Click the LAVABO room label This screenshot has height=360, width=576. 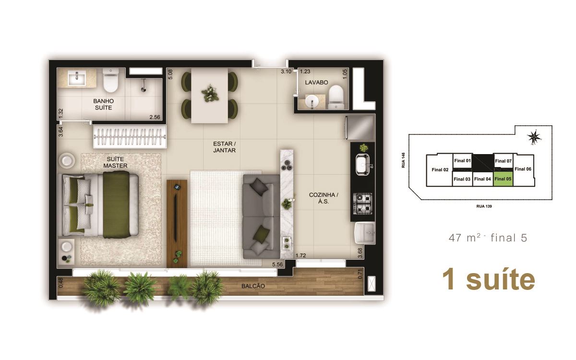tap(316, 83)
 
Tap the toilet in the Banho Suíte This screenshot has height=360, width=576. tap(110, 80)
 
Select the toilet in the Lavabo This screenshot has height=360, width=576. tap(336, 97)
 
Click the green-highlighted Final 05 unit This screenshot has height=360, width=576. tap(503, 179)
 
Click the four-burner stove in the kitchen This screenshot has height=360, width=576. tap(362, 204)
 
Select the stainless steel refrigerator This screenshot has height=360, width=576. tap(360, 128)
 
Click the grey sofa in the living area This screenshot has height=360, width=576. tap(261, 217)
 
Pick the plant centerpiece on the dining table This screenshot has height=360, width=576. tap(210, 93)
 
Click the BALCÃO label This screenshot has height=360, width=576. tap(253, 286)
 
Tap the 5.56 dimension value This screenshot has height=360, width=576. tap(277, 264)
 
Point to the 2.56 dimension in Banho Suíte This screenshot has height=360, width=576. tap(155, 117)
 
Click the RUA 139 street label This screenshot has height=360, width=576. tap(484, 206)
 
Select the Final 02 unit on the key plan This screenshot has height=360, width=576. tap(440, 170)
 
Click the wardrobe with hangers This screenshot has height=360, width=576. tap(130, 136)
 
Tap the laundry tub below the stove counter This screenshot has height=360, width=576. tap(365, 233)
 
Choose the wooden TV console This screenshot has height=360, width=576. tap(177, 224)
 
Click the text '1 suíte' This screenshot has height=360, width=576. tap(489, 280)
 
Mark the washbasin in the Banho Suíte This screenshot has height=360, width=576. tap(77, 78)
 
